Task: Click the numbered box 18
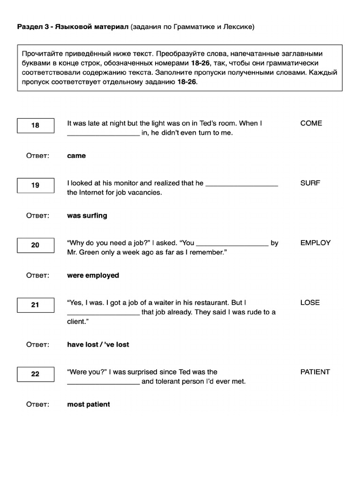[x=36, y=126]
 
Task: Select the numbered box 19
[x=36, y=185]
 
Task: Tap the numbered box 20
[x=36, y=245]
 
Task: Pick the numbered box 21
[x=36, y=305]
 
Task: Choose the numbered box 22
[x=36, y=374]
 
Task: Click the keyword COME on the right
[x=311, y=123]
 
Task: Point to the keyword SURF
[x=310, y=183]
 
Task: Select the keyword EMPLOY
[x=315, y=243]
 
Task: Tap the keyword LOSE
[x=310, y=303]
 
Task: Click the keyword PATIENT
[x=315, y=372]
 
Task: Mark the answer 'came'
[x=76, y=156]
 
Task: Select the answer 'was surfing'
[x=87, y=216]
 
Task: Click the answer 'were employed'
[x=93, y=276]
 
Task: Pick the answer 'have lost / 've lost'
[x=98, y=345]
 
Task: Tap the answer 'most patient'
[x=89, y=405]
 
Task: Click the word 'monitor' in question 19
[x=126, y=183]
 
